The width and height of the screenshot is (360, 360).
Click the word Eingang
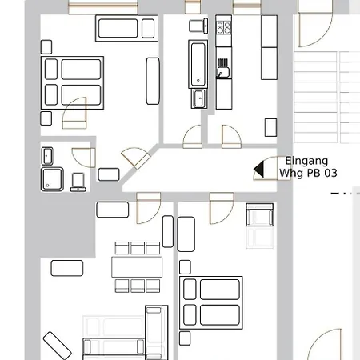306,161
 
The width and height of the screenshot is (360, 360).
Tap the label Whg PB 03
308,173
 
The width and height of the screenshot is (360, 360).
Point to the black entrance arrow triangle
258,169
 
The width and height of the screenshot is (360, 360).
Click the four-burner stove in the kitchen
223,29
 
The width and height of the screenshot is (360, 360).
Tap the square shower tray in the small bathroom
54,178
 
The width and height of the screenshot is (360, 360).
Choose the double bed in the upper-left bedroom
73,82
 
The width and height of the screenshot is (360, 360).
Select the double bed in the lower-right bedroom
212,302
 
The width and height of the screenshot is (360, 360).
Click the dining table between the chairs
137,266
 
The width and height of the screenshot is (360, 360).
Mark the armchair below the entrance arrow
259,216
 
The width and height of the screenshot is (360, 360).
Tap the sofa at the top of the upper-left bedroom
126,28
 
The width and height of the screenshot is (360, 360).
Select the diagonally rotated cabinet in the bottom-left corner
57,346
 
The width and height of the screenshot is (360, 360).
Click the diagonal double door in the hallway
134,159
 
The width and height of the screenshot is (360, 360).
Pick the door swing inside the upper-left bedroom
75,113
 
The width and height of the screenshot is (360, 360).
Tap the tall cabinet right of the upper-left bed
153,80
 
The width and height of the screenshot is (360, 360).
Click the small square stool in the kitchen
270,126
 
